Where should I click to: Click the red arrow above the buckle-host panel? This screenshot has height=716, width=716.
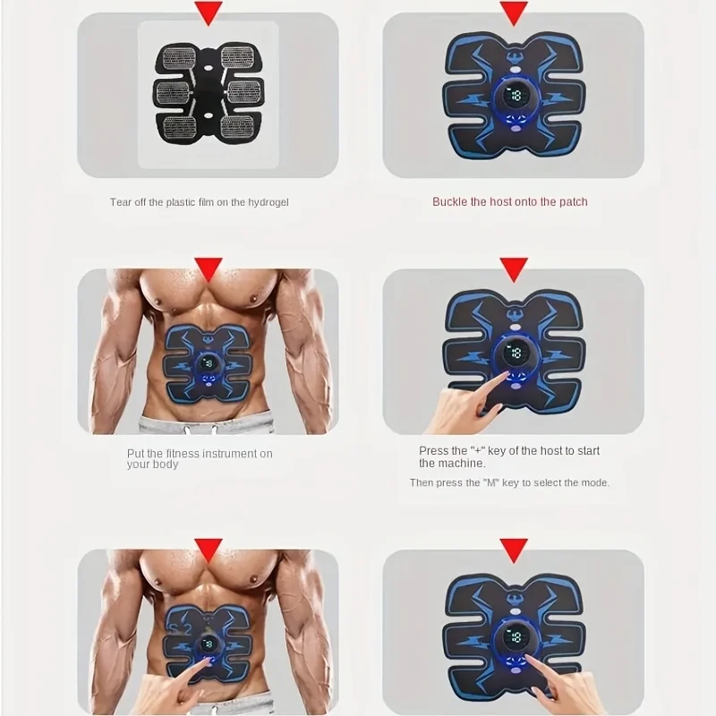tap(513, 13)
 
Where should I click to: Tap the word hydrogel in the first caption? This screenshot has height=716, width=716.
tap(267, 202)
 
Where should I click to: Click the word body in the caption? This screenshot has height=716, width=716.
tap(165, 465)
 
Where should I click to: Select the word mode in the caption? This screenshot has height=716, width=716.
tap(594, 482)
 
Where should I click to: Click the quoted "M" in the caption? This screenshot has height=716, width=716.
tap(490, 482)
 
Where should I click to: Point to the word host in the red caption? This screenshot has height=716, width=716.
tap(502, 202)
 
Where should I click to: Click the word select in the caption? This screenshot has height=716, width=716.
tap(545, 482)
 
